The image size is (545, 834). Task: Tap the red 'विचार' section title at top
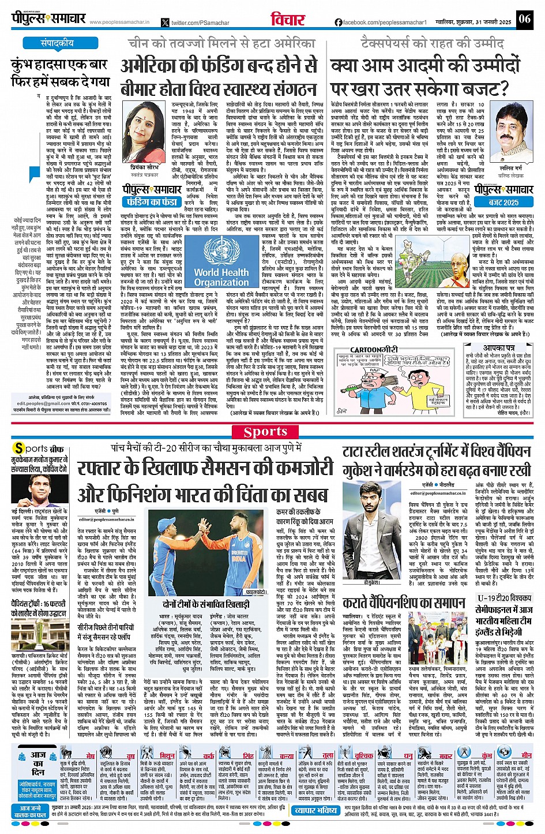[288, 20]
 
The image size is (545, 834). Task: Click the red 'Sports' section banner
[265, 432]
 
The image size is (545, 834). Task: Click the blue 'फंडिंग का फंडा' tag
[152, 202]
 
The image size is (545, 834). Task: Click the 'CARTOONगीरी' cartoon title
[374, 350]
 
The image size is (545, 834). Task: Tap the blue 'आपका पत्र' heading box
[499, 349]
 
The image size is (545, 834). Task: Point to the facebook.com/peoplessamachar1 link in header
[384, 22]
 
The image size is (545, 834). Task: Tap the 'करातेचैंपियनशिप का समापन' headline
[404, 603]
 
